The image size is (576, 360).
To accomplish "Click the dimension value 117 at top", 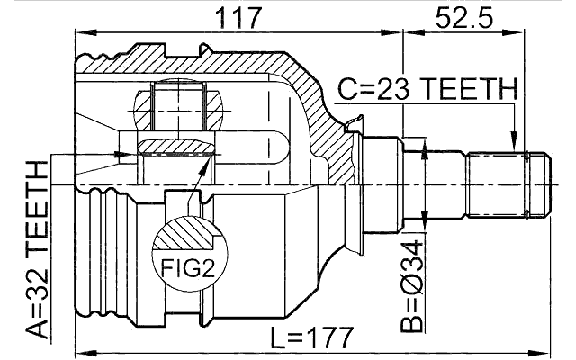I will (237, 15).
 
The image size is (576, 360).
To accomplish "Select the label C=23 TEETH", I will (427, 90).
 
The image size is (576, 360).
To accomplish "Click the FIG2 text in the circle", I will (188, 267).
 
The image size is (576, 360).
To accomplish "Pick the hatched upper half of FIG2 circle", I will (188, 236).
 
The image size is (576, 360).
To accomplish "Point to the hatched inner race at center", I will (176, 147).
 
